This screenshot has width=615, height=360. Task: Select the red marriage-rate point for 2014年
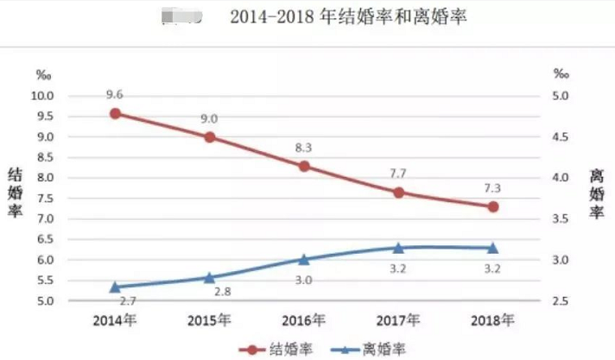point(115,113)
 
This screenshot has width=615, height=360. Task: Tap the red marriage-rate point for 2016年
point(304,166)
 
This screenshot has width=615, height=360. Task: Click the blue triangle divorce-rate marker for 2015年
point(209,277)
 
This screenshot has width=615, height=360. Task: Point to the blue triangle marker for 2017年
point(398,248)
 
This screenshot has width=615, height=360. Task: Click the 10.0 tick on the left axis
point(42,96)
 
